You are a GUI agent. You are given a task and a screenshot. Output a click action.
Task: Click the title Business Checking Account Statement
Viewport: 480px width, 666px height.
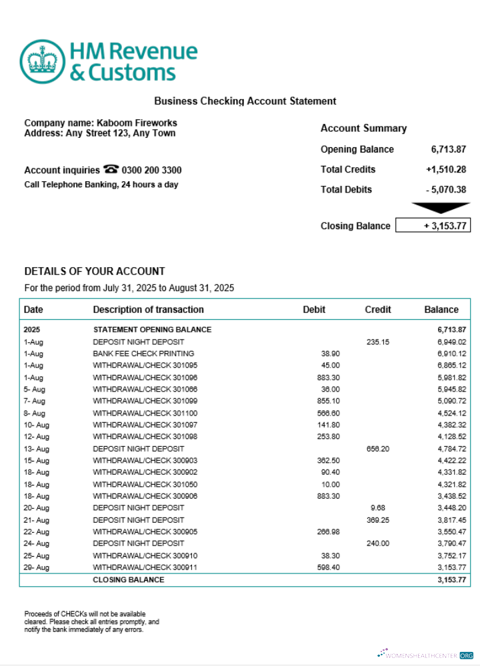coord(245,101)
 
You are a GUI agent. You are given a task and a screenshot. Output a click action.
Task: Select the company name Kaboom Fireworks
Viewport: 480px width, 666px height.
coord(137,123)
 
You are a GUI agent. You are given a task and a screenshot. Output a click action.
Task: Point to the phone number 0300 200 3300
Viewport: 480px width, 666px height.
coord(152,170)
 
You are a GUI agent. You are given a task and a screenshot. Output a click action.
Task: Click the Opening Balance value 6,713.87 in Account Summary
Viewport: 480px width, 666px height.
coord(448,149)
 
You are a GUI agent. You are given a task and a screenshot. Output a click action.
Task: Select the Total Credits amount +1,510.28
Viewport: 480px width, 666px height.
coord(445,169)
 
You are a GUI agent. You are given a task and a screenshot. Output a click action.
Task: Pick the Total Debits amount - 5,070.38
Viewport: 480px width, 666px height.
coord(445,189)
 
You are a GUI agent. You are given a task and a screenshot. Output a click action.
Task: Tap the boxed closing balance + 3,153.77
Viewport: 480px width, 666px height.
coord(433,226)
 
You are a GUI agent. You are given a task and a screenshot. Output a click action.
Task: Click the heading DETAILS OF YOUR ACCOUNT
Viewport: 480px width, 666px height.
coord(94,271)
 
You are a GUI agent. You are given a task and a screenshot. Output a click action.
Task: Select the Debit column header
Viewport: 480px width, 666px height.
coord(314,309)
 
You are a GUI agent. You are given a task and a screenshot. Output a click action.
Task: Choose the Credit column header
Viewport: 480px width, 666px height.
coord(378,309)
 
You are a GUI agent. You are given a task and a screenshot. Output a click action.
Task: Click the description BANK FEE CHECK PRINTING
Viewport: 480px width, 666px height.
coord(143,354)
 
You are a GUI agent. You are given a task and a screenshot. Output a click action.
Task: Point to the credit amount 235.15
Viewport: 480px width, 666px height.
coord(378,342)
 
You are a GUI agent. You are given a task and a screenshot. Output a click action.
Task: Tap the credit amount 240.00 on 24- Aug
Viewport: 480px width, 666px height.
coord(378,543)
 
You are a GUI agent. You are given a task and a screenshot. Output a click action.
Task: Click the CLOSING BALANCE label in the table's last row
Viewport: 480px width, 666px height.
coord(128,580)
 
